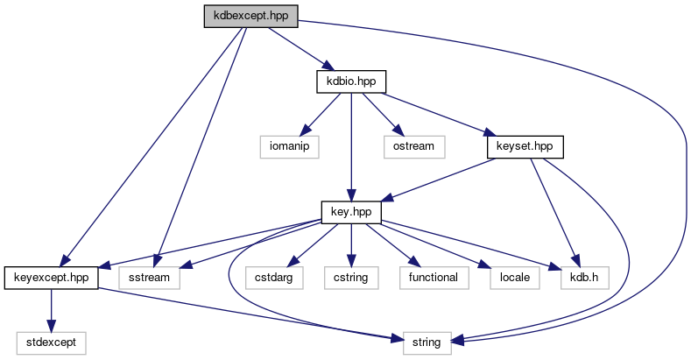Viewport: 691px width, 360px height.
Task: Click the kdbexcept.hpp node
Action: click(x=250, y=16)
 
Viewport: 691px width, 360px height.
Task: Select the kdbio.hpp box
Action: click(x=350, y=81)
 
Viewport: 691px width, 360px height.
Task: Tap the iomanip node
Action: click(x=288, y=145)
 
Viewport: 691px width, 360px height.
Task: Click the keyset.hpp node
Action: click(x=524, y=145)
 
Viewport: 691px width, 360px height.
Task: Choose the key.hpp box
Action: click(x=350, y=211)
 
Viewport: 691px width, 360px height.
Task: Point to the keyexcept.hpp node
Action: click(x=51, y=277)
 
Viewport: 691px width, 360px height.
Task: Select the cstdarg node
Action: click(x=274, y=277)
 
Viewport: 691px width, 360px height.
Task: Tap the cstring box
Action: click(x=350, y=277)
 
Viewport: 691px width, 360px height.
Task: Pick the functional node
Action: click(x=433, y=277)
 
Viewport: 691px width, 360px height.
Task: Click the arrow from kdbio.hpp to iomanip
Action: click(x=320, y=113)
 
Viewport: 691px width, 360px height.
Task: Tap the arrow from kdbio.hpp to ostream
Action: click(x=382, y=113)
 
